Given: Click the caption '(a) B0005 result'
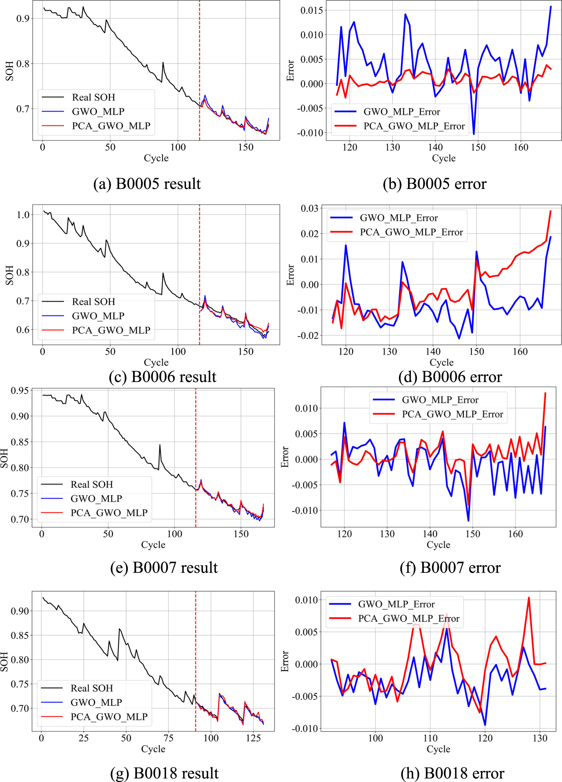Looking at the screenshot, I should pos(147,184).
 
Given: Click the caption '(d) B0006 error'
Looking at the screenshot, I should pos(450,377).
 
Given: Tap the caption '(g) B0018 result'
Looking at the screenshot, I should pos(164,773).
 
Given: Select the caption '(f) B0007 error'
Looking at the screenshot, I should pos(450,567).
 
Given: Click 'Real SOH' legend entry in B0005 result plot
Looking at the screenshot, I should pos(93,98).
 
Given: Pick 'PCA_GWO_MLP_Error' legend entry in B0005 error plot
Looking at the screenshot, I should pos(414,126).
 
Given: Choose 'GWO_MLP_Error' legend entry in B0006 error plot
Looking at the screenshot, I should pos(399,218).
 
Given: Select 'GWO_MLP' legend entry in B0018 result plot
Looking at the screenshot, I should pos(96,702).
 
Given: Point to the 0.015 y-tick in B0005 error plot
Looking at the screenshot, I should pos(312,10).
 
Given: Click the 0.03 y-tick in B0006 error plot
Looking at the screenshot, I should pos(309,208).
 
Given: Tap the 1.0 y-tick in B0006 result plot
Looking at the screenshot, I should pos(23,215).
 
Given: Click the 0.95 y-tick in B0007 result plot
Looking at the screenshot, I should pos(19,391).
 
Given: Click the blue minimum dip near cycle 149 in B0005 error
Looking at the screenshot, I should pos(474,134).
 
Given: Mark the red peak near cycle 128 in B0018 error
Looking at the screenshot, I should pos(529,597).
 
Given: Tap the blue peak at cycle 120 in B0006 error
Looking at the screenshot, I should pos(346,245).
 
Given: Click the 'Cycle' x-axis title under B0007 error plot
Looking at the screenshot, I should pos(438,545).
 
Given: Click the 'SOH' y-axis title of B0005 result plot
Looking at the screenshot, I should pos(10,71).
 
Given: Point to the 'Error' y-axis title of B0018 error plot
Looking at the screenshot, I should pos(285,661).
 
